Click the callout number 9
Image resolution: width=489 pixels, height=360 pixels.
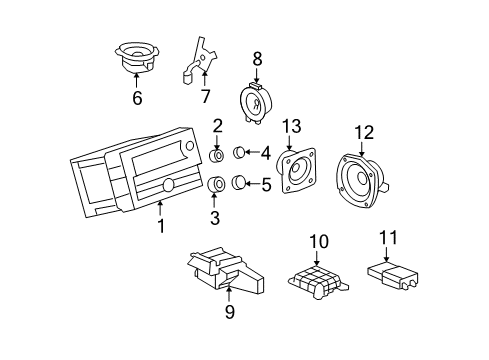pyautogui.click(x=229, y=312)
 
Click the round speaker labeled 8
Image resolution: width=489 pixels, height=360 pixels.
pyautogui.click(x=256, y=102)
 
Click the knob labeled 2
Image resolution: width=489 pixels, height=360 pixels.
pyautogui.click(x=217, y=156)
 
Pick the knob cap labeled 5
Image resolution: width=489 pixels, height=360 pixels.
pyautogui.click(x=240, y=183)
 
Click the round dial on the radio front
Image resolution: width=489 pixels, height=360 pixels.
pyautogui.click(x=167, y=185)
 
